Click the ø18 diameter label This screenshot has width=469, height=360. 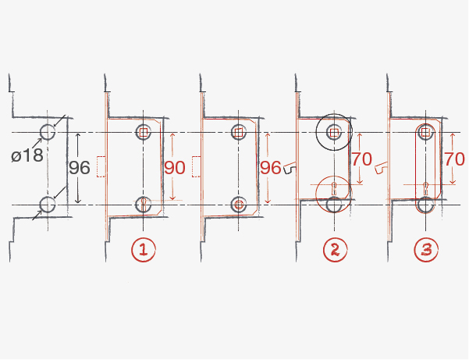coord(28,155)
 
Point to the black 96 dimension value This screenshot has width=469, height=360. coord(80,168)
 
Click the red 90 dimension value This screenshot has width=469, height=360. coord(175,168)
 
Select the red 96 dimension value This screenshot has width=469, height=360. coord(270,168)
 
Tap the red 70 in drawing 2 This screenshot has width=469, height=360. coord(361,159)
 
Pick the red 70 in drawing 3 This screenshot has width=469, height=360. coord(454,159)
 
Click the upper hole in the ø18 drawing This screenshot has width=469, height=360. coord(48,131)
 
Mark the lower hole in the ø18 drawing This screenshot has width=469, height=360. coord(48,205)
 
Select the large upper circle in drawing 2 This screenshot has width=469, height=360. coord(334,131)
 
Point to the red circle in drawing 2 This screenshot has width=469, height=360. coord(334,189)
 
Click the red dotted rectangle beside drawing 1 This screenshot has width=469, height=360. coord(100,167)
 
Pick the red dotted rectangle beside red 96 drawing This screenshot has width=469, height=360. coord(196,167)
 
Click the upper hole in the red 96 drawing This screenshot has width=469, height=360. coord(239,131)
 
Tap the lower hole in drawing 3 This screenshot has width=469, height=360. coord(425,205)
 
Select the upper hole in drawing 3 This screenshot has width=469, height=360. coord(425,131)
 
